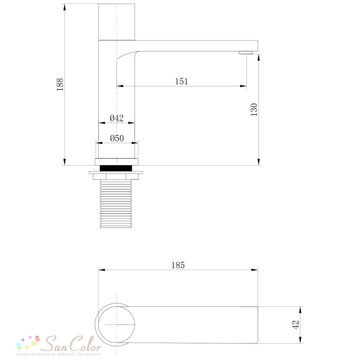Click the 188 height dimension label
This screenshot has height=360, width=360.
tap(60, 85)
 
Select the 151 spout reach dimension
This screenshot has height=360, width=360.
tap(181, 81)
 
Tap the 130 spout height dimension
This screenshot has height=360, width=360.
tap(254, 110)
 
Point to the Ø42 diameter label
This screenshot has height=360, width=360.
tap(117, 118)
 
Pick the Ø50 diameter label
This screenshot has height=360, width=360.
tap(117, 138)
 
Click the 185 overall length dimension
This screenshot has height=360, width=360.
tap(178, 265)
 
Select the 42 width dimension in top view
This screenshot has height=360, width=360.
tap(296, 325)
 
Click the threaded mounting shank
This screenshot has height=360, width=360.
tap(116, 204)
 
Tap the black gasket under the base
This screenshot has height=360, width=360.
tap(116, 168)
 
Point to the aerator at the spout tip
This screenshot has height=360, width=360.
tap(246, 53)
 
